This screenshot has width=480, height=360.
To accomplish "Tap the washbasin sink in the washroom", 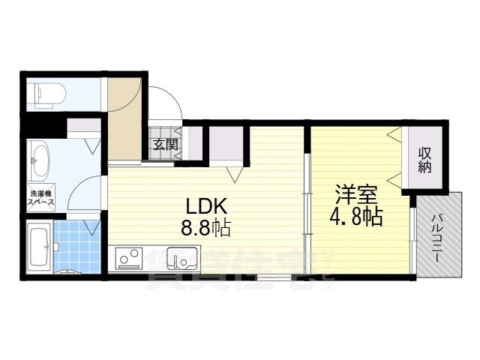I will [x=39, y=158].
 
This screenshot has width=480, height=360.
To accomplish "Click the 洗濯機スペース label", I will [x=40, y=199].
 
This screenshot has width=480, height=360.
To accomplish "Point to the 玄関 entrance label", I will [x=166, y=144].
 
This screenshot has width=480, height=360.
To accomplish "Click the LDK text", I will [x=202, y=207].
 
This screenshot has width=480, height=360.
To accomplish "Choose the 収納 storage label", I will [x=425, y=160].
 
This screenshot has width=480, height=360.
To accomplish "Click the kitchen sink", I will [x=180, y=259].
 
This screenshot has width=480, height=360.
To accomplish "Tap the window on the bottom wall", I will [x=276, y=277].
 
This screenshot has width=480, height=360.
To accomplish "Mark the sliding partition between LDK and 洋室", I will [x=306, y=202].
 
